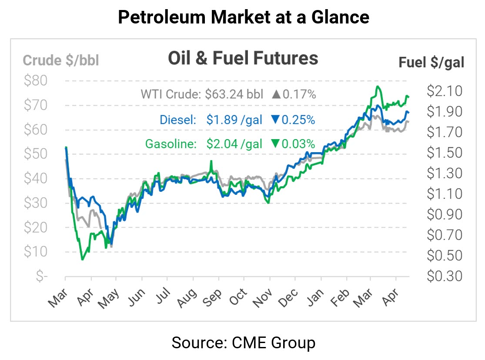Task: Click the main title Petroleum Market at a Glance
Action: (243, 17)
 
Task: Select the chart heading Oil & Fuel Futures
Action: (243, 58)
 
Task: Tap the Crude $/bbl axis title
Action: (61, 60)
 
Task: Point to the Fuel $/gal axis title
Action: (431, 63)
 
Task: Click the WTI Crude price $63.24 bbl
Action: (234, 94)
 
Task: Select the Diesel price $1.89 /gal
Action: (234, 120)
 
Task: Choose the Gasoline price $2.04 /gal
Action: (234, 144)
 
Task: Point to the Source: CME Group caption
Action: (243, 343)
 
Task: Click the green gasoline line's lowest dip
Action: (82, 260)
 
